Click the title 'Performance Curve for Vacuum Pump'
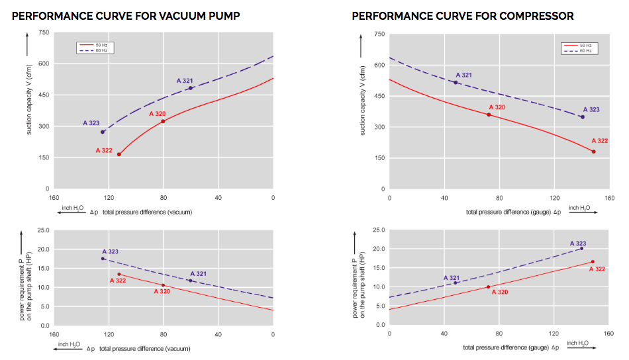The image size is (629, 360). [x=126, y=15]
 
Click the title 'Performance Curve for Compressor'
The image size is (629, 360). [x=463, y=15]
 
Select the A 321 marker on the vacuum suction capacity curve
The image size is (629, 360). [x=191, y=88]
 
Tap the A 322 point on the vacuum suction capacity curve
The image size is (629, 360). [x=119, y=154]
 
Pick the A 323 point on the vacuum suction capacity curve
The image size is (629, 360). [x=103, y=132]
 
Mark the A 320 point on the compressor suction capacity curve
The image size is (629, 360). [x=489, y=114]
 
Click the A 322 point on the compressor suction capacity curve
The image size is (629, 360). [x=593, y=152]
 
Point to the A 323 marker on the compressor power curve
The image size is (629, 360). [x=582, y=248]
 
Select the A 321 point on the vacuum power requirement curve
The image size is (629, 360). [x=191, y=281]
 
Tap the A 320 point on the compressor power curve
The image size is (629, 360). [x=489, y=287]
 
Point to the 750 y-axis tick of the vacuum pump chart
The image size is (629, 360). [x=43, y=32]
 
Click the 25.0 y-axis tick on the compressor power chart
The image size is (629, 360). [x=378, y=230]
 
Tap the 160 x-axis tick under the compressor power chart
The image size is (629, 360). [x=609, y=333]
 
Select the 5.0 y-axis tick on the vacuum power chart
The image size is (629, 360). [x=44, y=306]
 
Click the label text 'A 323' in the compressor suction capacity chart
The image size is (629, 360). [x=591, y=109]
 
